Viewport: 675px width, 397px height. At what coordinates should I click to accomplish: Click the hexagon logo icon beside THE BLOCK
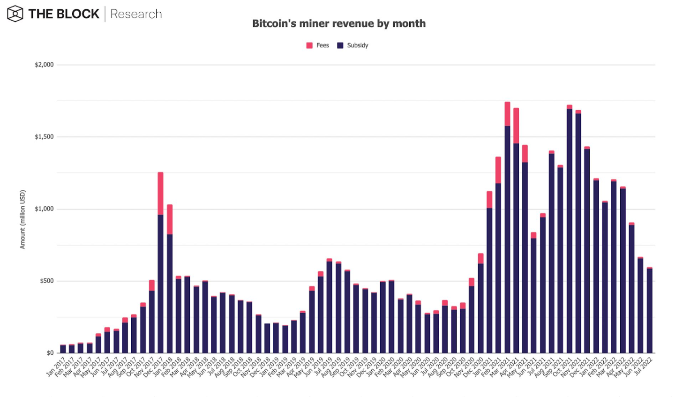point(15,14)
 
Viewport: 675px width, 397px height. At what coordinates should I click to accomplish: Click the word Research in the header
point(136,14)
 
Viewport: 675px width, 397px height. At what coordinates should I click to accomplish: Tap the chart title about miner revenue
point(339,23)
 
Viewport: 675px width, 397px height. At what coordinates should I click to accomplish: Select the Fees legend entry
point(318,45)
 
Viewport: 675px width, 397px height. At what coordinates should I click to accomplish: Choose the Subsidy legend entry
point(353,45)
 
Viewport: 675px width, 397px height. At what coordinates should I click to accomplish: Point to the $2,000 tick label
point(44,65)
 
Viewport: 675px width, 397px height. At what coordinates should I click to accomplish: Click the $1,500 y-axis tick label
point(44,137)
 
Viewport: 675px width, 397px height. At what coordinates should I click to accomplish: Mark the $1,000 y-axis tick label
point(44,209)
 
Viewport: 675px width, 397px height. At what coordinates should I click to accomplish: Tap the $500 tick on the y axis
point(46,281)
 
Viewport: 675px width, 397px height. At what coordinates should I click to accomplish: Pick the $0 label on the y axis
point(50,353)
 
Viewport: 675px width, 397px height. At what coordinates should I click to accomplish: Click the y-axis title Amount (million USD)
point(22,219)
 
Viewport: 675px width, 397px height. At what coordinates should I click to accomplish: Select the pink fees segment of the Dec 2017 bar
point(160,193)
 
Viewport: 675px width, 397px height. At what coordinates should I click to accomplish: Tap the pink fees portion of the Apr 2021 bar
point(516,126)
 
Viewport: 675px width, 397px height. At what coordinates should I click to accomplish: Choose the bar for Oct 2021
point(569,230)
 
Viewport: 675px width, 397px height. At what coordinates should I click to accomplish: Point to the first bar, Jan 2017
point(63,349)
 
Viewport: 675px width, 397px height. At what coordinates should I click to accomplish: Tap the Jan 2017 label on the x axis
point(56,367)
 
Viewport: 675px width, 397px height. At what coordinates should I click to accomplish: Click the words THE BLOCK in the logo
point(64,14)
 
